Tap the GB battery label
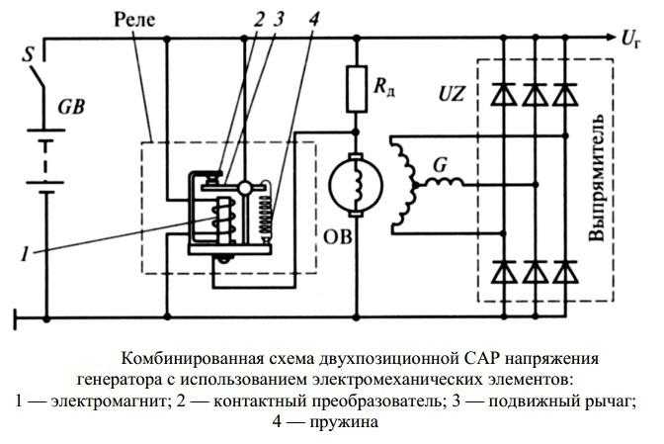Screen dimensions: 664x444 coord(71,107)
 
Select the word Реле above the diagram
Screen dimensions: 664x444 coord(134,20)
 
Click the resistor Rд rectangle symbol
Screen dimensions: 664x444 coord(357,89)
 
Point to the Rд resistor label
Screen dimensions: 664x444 coord(384,87)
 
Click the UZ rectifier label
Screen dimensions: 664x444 coord(451,94)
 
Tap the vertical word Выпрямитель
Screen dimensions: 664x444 coord(597,178)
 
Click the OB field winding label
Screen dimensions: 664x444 coord(338,237)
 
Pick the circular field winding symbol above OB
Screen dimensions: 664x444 coord(356,185)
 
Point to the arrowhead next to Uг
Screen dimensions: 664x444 coord(609,38)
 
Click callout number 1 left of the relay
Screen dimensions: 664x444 coord(26,254)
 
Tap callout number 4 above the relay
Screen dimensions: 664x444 coord(313,19)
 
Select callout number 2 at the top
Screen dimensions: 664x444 coord(259,19)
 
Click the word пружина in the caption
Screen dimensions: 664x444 coord(343,421)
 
